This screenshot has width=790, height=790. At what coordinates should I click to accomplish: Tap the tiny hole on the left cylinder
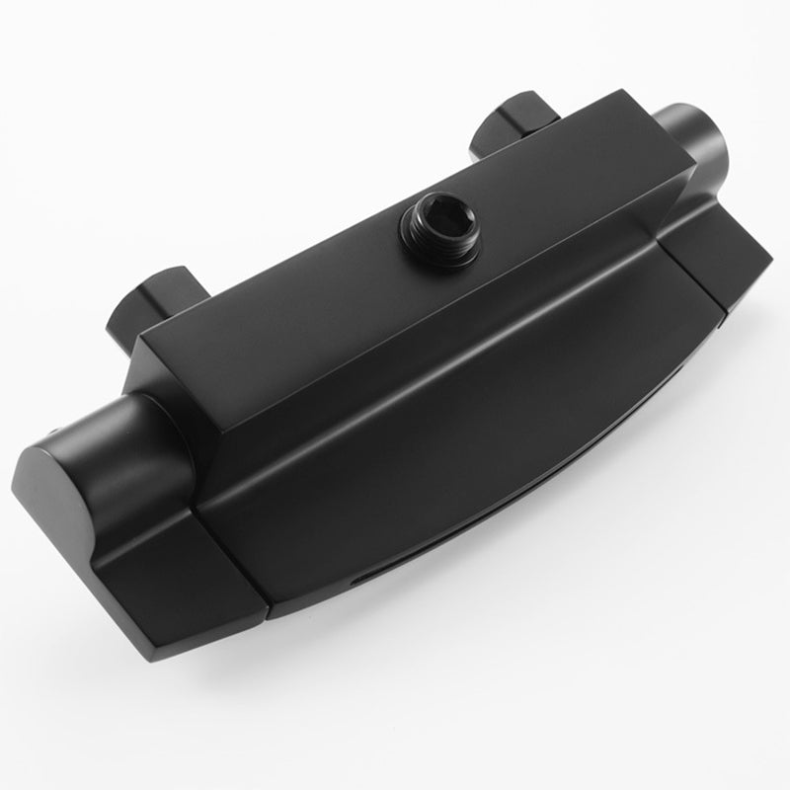click(x=54, y=436)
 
